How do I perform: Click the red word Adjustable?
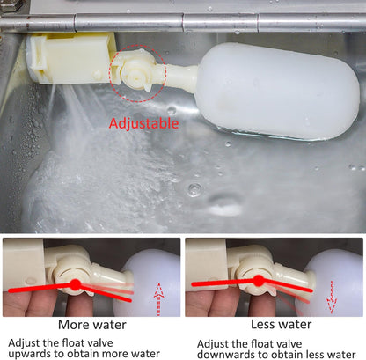click(142, 123)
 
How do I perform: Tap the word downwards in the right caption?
click(232, 356)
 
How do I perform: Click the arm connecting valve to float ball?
click(180, 78)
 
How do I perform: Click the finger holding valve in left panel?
click(22, 299)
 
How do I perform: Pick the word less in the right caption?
click(325, 356)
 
